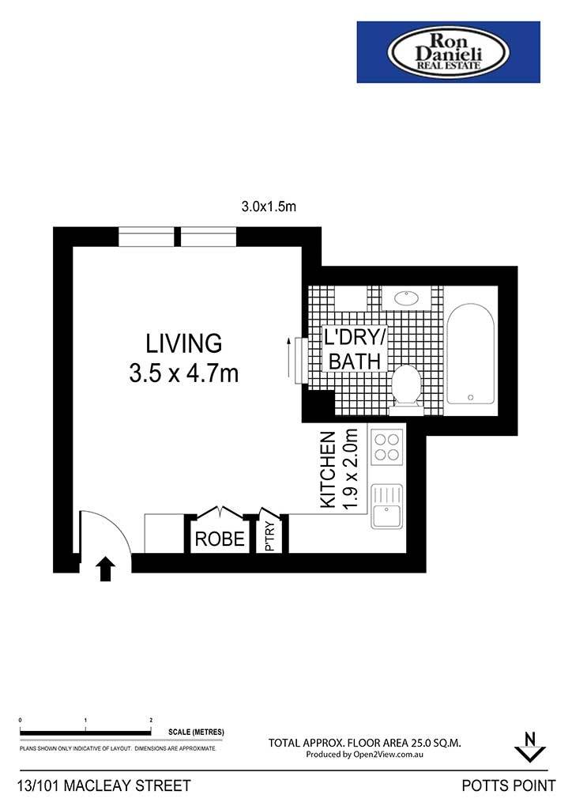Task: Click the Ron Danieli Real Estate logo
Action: (448, 51)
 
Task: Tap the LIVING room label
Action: (184, 343)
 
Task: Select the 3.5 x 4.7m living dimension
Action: (184, 373)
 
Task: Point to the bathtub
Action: (470, 354)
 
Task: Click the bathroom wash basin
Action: (407, 298)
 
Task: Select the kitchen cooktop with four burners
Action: (387, 446)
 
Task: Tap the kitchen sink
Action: (387, 506)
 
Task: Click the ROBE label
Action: (220, 539)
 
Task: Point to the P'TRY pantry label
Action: (269, 537)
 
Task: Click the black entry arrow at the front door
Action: (106, 570)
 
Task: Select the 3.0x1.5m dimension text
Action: (269, 206)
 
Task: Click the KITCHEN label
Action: (328, 470)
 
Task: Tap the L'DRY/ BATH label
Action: (355, 349)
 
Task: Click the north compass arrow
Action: (529, 747)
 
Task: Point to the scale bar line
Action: (85, 732)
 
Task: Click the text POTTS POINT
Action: (509, 785)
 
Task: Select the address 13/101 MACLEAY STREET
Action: (104, 785)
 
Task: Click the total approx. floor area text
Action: (365, 743)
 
